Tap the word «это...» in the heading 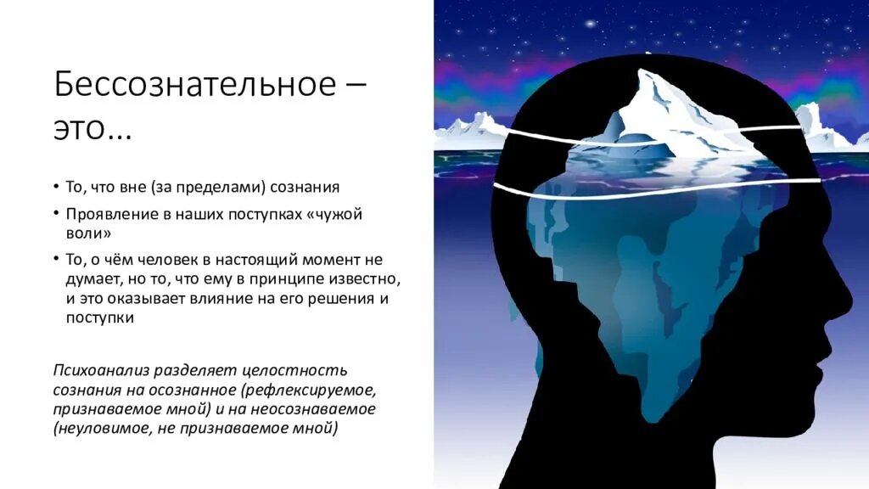(x=93, y=130)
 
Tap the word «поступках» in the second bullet (x=260, y=214)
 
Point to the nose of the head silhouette (x=849, y=297)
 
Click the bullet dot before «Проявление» (x=56, y=214)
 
